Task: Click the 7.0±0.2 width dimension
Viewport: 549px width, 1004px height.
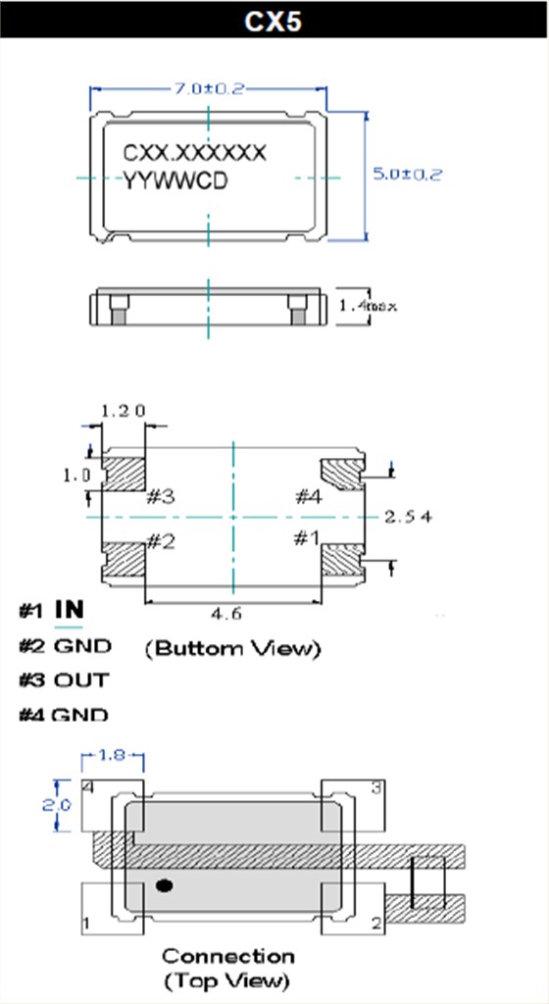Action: point(208,88)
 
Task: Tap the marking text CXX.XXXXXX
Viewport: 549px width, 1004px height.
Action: point(193,153)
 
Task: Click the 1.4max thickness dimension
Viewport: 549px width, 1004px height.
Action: point(368,306)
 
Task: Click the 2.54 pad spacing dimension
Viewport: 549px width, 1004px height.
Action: point(408,516)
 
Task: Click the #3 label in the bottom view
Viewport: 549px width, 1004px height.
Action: point(161,496)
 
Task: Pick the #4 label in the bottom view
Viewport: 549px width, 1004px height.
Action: point(307,496)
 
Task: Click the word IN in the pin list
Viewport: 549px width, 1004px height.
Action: point(69,610)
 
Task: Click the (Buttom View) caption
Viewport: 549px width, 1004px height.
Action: point(232,648)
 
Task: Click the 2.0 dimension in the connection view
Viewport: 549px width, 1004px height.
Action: point(61,805)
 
